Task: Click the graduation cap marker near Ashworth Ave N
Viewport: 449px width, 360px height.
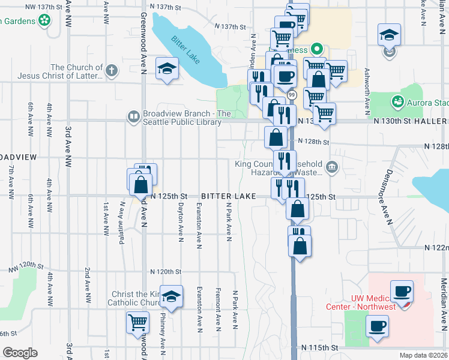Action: (x=389, y=35)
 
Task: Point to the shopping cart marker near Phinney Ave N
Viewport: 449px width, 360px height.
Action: (x=137, y=323)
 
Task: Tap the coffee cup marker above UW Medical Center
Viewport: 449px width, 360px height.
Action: (x=402, y=291)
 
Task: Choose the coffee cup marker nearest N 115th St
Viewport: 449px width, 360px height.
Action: (x=377, y=326)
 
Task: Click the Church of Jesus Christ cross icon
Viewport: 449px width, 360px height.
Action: (x=111, y=71)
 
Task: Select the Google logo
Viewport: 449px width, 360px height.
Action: (x=19, y=353)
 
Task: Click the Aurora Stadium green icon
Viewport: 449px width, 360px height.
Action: (x=397, y=101)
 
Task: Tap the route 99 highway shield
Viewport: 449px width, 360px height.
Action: (x=292, y=95)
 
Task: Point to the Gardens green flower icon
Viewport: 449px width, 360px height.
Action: (x=44, y=21)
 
